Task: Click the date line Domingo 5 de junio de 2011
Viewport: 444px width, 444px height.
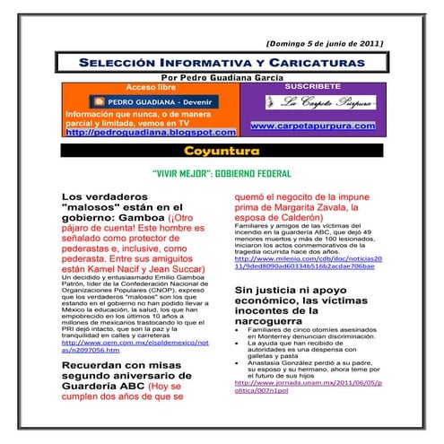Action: (x=325, y=43)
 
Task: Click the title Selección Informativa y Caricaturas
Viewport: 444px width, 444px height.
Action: (x=222, y=64)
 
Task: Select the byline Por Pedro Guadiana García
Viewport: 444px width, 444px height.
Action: (x=222, y=79)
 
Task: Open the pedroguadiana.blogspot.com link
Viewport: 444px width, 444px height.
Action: (x=133, y=132)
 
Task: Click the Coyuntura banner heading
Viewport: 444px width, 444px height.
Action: (x=222, y=150)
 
